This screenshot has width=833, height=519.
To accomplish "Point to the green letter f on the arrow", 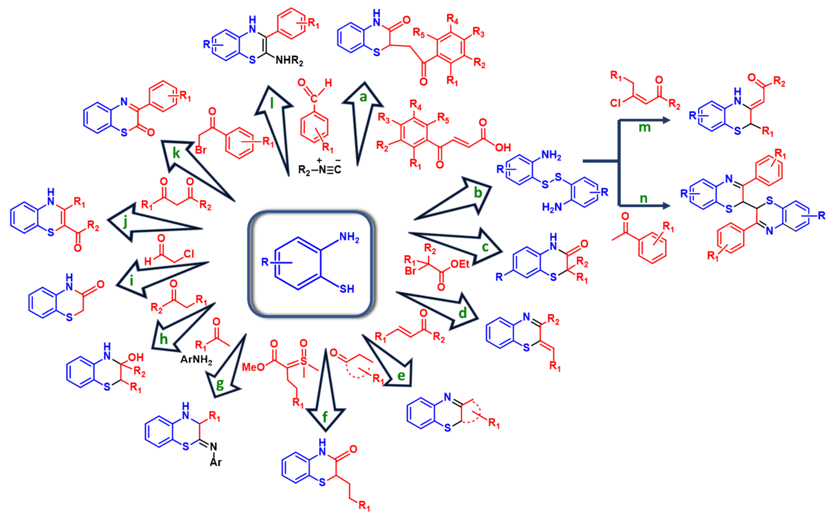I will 325,417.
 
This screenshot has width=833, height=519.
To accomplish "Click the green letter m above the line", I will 644,128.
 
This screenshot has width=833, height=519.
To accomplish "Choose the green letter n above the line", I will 644,198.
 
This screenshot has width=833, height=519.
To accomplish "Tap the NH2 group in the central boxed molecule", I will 349,237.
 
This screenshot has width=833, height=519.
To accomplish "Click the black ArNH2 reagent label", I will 196,359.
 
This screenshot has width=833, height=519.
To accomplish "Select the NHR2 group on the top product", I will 289,61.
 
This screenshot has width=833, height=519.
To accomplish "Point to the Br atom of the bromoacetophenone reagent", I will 201,150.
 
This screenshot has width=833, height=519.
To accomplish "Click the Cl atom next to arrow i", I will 189,254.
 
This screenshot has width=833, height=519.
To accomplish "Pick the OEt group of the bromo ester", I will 460,264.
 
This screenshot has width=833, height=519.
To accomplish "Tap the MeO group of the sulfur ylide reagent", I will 253,367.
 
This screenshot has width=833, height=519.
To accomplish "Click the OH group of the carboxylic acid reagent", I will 503,148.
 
